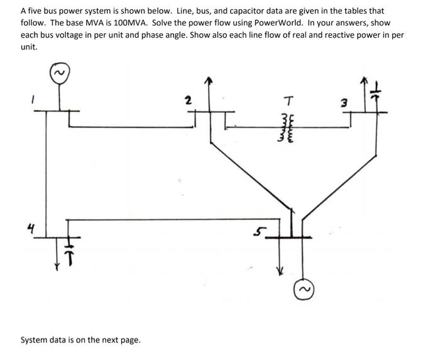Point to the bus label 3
point(344,103)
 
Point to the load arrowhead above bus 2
point(211,82)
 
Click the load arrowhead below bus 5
point(280,271)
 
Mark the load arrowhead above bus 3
point(363,82)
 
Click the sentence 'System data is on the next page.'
point(80,340)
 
